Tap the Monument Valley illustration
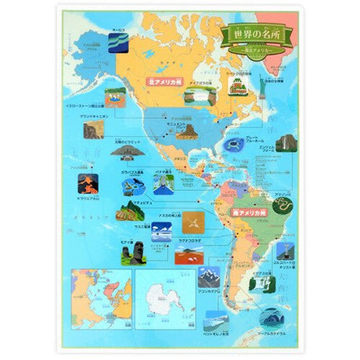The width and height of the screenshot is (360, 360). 187,131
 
